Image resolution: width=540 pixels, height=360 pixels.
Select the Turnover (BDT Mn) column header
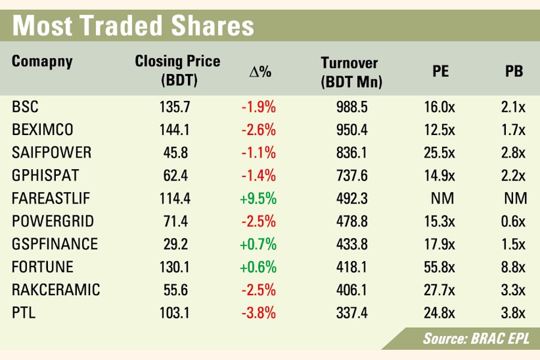[352, 72]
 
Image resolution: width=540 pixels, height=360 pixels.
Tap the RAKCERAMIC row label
[55, 290]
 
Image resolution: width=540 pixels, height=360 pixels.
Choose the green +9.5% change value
[258, 199]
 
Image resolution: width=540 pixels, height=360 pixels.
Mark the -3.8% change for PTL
[258, 313]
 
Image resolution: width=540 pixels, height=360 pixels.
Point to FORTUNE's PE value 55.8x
[440, 267]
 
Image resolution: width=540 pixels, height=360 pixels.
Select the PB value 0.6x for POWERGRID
[514, 221]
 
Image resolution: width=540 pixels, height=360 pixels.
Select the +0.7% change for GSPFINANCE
[258, 244]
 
